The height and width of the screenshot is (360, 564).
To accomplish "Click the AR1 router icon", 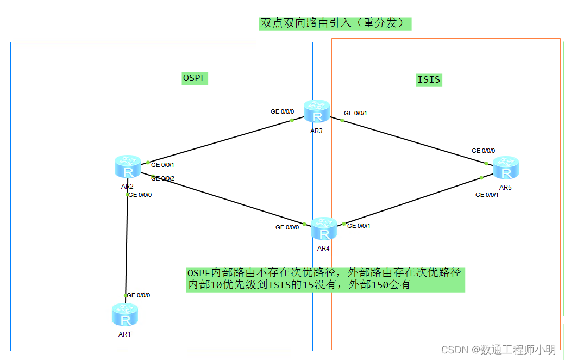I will (125, 315).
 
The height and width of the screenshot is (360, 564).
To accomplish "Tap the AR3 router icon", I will (317, 112).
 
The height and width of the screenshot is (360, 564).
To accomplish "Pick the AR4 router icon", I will (324, 229).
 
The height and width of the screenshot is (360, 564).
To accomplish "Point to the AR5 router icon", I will (506, 168).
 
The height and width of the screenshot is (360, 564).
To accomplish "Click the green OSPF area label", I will (195, 78).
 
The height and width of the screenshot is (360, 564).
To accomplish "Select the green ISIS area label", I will (429, 80).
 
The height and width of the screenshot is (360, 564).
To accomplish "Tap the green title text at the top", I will (334, 23).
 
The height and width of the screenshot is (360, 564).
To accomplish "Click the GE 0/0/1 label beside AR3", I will (355, 114).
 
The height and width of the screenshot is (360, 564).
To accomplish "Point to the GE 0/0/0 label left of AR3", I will (282, 111).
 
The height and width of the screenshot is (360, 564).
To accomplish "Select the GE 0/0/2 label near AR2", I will (163, 178).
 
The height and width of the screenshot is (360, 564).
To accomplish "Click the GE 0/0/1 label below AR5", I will (487, 195).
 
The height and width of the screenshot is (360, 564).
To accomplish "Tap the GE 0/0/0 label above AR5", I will (483, 151).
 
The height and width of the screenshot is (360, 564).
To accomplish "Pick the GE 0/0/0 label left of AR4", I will (287, 227).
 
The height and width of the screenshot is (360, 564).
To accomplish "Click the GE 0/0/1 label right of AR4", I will (359, 226).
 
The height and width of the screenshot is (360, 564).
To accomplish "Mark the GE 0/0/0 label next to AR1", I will (139, 295).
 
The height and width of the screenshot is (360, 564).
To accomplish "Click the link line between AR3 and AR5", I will (413, 141).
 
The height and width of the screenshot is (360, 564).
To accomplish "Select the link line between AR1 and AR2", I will (127, 245).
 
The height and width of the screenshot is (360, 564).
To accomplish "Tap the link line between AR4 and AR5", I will (413, 201).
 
